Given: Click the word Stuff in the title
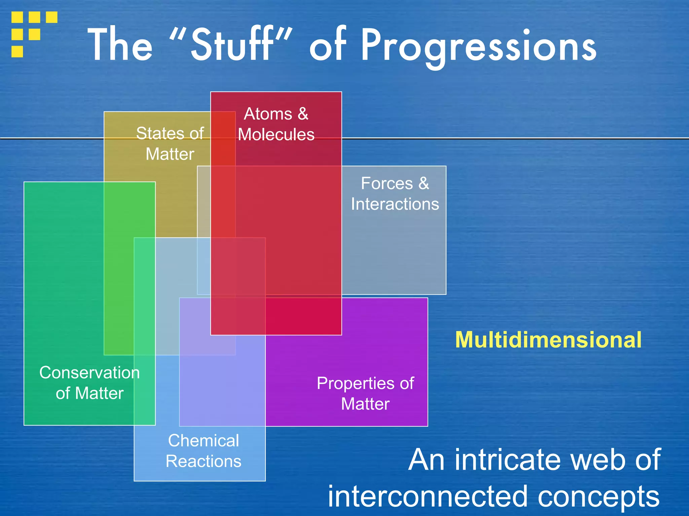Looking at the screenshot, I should click(x=232, y=45).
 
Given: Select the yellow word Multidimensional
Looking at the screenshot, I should click(x=548, y=340).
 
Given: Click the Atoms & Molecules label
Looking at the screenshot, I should click(x=276, y=124).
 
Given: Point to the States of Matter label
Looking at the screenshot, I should click(x=170, y=143).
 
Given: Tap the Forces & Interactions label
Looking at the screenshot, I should click(x=395, y=193).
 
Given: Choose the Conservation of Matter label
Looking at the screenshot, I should click(x=89, y=383).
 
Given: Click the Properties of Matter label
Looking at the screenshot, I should click(x=365, y=393).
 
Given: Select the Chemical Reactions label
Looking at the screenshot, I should click(x=204, y=450).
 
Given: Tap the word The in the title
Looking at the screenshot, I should click(x=120, y=45).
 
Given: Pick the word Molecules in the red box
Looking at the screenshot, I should click(x=276, y=134).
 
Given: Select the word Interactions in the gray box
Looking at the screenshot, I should click(x=395, y=204).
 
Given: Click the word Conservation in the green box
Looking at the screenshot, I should click(x=89, y=373).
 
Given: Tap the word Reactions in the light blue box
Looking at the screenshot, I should click(x=204, y=461).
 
